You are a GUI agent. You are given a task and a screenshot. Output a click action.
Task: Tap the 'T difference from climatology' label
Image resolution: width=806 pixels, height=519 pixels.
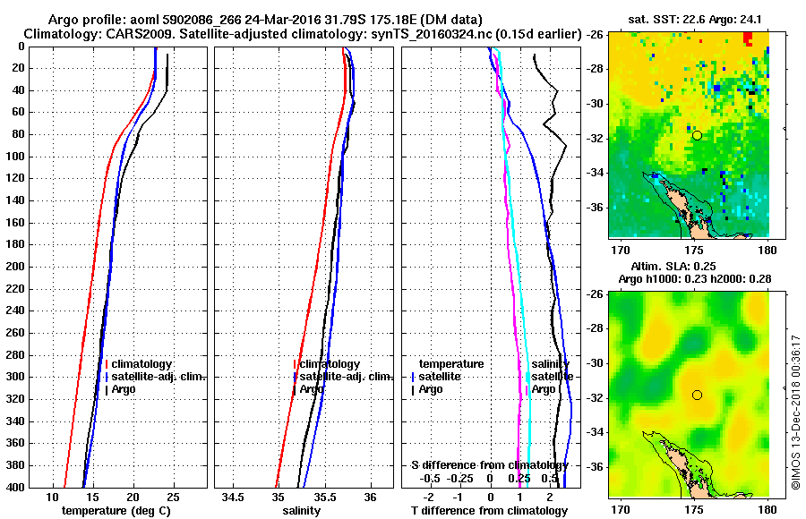pos(489,511)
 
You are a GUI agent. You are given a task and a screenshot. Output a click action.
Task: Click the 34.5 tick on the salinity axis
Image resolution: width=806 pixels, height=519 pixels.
pos(234,497)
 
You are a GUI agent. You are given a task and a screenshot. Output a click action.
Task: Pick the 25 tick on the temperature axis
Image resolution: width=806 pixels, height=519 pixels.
pos(173,497)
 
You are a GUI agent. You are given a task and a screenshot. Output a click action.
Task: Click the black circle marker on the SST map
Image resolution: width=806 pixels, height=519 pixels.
pos(697,135)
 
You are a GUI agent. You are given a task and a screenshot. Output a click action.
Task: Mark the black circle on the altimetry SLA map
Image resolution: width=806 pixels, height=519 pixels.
pos(697,395)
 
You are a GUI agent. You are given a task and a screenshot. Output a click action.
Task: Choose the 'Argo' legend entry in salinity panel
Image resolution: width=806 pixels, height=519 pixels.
pos(312,389)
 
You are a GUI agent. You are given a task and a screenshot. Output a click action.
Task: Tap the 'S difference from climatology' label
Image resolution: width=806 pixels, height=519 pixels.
pos(489,465)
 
